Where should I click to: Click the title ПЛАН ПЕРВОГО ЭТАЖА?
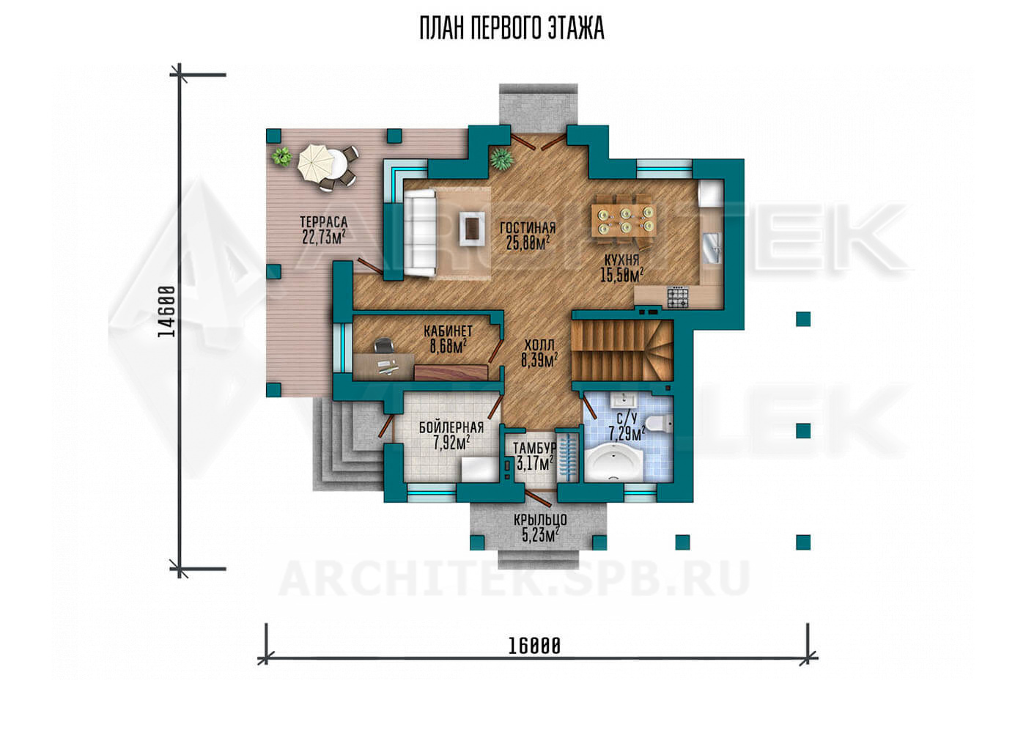pos(512,29)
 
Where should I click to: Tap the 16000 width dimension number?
pos(534,647)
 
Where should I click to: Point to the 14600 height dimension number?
pos(166,312)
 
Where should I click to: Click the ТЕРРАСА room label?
pos(324,222)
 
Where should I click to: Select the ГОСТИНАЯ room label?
pos(528,228)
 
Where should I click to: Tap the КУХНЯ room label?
pos(622,260)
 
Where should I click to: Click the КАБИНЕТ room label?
pos(448,331)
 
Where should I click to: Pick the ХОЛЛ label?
pos(539,345)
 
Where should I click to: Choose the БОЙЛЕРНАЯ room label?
pos(451,428)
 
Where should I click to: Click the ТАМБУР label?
pos(534,448)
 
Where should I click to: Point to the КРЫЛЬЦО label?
pos(541,520)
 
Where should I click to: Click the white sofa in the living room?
pos(418,233)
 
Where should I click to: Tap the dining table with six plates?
pos(624,221)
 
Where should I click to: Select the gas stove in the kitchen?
pos(677,297)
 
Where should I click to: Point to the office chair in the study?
pos(384,345)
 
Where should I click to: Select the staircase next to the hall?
pos(622,350)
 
